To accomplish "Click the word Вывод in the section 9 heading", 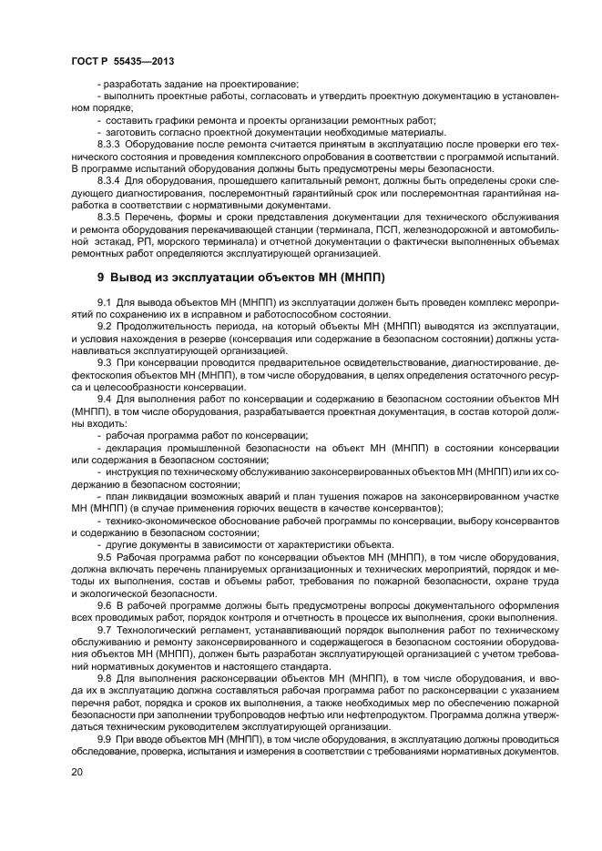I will pyautogui.click(x=138, y=277).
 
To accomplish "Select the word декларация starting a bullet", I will pyautogui.click(x=131, y=449).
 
